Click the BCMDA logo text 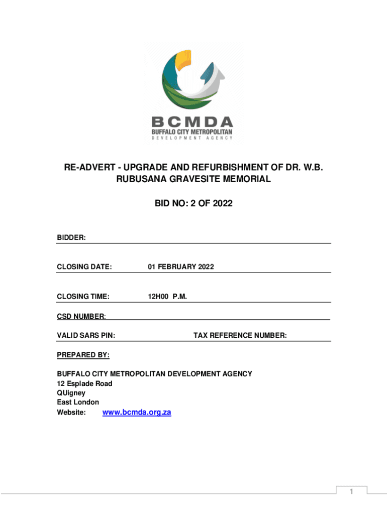[x=192, y=122]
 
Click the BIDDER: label [x=71, y=237]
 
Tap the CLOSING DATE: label [x=84, y=267]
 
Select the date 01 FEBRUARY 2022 [x=180, y=267]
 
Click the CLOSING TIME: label [x=83, y=296]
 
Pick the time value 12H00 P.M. [x=167, y=296]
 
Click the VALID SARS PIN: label [x=86, y=335]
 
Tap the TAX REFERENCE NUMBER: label [x=240, y=335]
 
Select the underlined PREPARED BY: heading [x=83, y=355]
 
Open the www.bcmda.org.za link [x=137, y=413]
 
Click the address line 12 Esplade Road [x=84, y=383]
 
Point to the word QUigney [x=71, y=393]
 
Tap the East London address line [x=78, y=403]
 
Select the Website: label [x=71, y=413]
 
